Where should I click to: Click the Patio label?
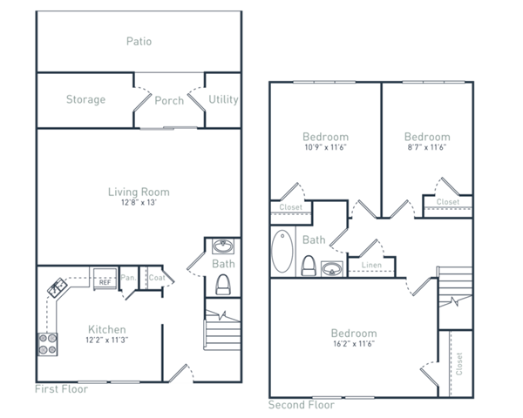139,41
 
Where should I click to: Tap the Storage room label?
85,99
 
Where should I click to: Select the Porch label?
169,100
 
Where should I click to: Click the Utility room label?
223,99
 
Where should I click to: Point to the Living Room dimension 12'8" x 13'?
138,204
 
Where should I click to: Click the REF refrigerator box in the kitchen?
104,281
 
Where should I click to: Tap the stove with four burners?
47,344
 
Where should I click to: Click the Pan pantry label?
127,279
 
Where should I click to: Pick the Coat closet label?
155,279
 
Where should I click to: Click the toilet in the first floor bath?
221,284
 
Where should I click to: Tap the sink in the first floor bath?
221,246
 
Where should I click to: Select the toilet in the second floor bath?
308,266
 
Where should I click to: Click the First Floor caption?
61,389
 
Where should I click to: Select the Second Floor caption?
301,405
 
